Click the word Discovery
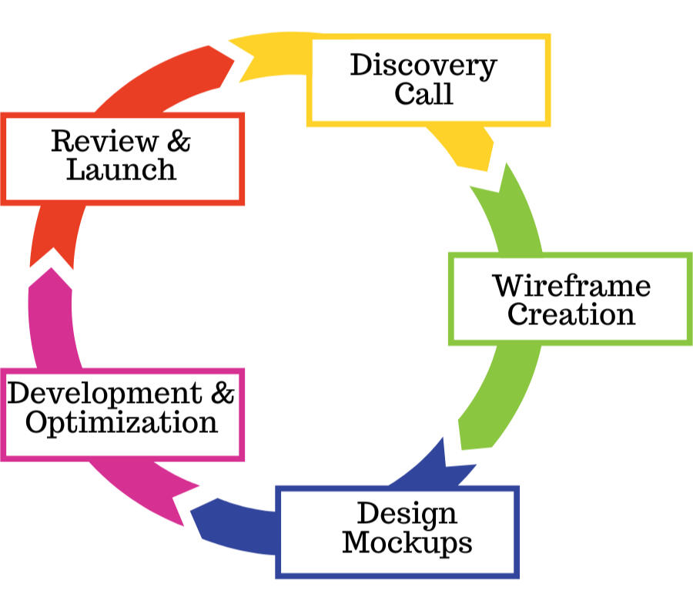(423, 66)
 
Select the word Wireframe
(571, 286)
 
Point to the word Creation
(571, 314)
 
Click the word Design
(407, 513)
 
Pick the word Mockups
(407, 542)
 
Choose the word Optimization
(122, 422)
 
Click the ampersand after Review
(178, 141)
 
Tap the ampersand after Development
(222, 393)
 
